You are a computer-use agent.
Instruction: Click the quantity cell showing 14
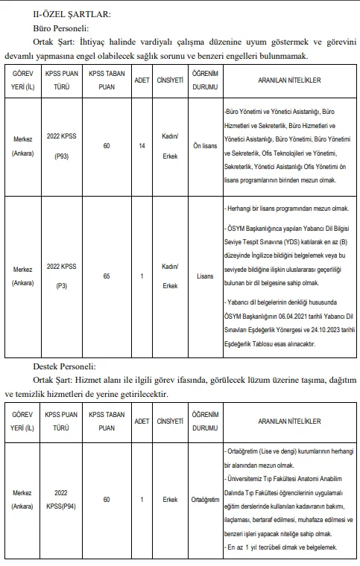pos(142,146)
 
